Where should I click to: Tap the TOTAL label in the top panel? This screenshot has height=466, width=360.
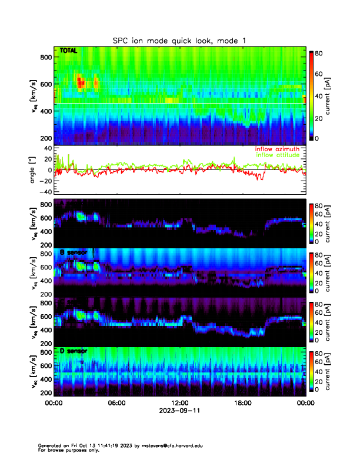tap(68, 51)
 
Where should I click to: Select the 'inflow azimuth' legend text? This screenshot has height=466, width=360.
tap(276, 149)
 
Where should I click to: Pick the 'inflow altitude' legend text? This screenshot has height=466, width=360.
tap(278, 155)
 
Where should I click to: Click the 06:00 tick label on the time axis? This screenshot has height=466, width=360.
tap(116, 402)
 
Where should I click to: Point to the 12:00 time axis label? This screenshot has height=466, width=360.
tap(179, 402)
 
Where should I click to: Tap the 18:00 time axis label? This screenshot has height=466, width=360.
tap(242, 402)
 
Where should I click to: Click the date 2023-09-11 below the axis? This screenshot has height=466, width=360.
tap(179, 411)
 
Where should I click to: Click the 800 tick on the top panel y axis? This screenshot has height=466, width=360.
tap(45, 57)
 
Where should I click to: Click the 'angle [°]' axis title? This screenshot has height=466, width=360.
tap(34, 169)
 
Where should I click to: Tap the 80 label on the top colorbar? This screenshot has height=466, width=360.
tap(320, 53)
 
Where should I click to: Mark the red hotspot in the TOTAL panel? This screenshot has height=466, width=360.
tap(81, 81)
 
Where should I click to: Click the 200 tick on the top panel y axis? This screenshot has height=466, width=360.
tap(45, 138)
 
